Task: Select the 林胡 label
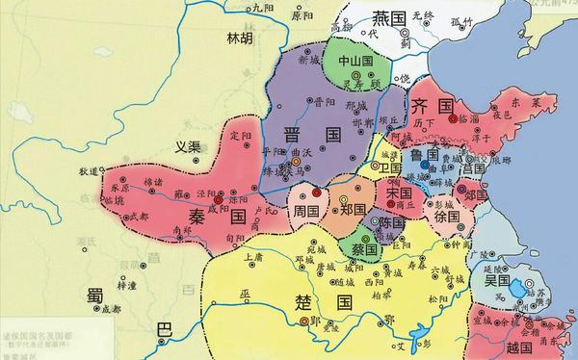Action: [x=241, y=39]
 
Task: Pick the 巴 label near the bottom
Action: [x=164, y=330]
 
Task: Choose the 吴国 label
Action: [x=497, y=279]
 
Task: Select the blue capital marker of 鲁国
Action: [x=424, y=167]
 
